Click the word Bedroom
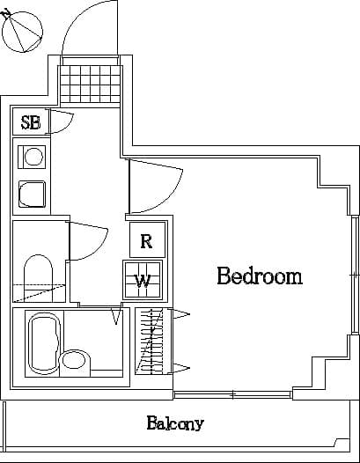pyautogui.click(x=260, y=276)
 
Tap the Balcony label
pyautogui.click(x=175, y=423)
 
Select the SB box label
pyautogui.click(x=31, y=122)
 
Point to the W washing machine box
pyautogui.click(x=142, y=281)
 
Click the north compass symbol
pyautogui.click(x=22, y=31)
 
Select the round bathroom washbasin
pyautogui.click(x=75, y=360)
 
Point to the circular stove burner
pyautogui.click(x=33, y=157)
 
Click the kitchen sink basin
pyautogui.click(x=33, y=193)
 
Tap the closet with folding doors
pyautogui.click(x=151, y=341)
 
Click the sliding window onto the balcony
pyautogui.click(x=232, y=393)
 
